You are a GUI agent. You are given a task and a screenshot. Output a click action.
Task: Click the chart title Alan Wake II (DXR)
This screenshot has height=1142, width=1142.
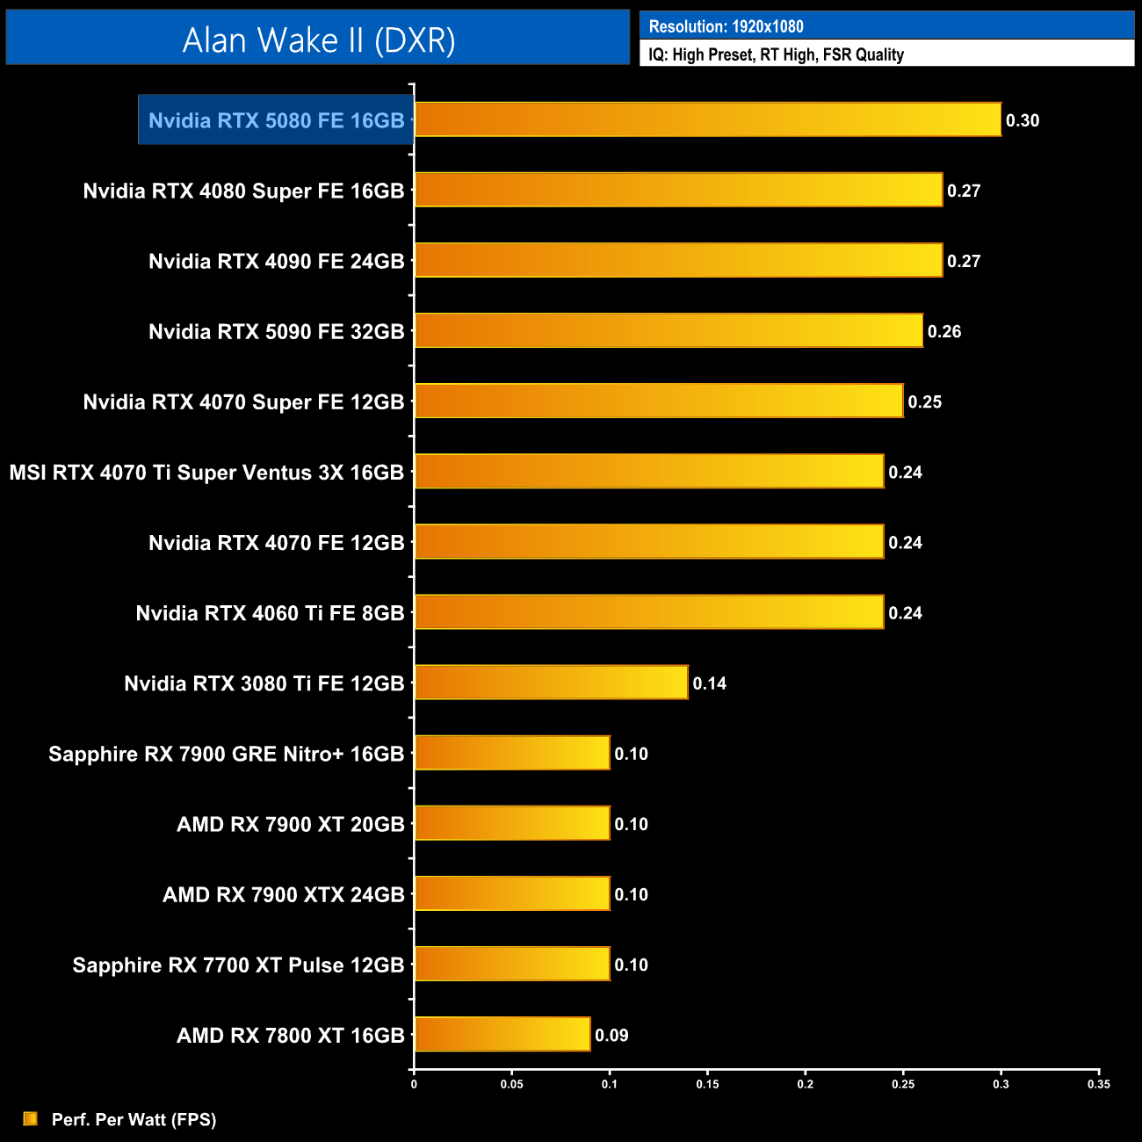click(318, 40)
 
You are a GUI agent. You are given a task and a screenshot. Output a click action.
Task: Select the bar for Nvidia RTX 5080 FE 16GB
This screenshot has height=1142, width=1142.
click(707, 119)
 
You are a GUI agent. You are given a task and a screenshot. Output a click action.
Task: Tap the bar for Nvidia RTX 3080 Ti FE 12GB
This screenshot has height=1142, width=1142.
click(551, 683)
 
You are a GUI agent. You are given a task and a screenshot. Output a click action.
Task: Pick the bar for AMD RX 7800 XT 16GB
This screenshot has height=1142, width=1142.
click(502, 1034)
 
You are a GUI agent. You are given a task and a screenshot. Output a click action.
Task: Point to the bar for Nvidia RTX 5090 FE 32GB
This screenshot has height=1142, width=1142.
click(669, 330)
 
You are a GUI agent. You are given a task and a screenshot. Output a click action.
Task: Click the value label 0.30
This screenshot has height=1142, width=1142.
click(1023, 120)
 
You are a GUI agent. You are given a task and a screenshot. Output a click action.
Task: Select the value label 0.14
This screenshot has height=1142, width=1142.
click(710, 683)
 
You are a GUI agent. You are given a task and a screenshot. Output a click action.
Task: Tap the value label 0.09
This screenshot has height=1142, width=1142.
click(611, 1035)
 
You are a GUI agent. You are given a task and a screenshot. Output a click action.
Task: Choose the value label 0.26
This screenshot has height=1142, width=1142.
click(944, 331)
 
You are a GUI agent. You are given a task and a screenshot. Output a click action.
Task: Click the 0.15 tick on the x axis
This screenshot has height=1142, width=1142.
click(707, 1084)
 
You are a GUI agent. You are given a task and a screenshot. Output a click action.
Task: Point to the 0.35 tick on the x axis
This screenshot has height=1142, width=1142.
click(1099, 1084)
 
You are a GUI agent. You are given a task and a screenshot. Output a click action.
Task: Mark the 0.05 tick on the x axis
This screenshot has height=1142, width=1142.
click(512, 1084)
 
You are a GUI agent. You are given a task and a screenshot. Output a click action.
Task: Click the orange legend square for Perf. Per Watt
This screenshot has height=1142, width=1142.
click(31, 1118)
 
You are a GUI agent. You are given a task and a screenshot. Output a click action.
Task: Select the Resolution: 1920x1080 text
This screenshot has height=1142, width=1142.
click(726, 26)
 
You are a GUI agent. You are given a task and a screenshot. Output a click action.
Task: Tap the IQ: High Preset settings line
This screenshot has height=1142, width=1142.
click(776, 54)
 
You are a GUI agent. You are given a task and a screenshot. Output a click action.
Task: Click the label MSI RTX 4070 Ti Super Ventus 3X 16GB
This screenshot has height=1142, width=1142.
click(206, 473)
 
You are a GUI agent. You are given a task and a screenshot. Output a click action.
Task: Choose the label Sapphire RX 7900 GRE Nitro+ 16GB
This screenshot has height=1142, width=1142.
click(226, 754)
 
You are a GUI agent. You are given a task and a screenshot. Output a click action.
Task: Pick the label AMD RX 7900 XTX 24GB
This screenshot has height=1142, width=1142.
click(283, 894)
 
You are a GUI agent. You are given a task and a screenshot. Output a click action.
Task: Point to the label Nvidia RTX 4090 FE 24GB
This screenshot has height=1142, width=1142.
click(276, 261)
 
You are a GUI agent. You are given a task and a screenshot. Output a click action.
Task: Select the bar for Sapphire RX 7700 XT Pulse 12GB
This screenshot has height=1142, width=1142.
click(512, 964)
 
